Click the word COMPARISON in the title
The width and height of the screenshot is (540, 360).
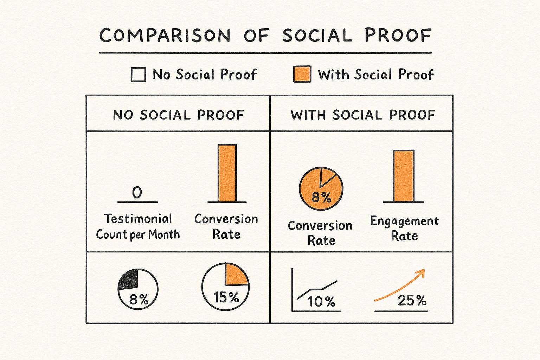tap(165, 36)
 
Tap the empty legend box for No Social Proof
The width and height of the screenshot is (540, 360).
tap(138, 75)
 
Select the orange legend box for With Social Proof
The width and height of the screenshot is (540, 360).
tap(302, 74)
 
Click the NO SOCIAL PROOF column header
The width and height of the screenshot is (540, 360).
tap(178, 115)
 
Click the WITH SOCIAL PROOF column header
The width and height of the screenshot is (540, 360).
tap(363, 115)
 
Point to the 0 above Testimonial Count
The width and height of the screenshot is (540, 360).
tap(137, 192)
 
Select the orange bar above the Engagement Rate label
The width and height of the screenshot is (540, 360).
tap(403, 176)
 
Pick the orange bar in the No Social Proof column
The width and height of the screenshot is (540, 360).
tap(227, 173)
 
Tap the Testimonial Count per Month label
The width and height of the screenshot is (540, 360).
tap(138, 226)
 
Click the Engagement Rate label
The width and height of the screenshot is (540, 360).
tap(404, 228)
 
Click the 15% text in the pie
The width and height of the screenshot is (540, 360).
tap(226, 297)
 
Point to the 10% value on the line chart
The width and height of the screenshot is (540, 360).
tap(321, 302)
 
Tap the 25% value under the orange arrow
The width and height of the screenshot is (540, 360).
tap(412, 300)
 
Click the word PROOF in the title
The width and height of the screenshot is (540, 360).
tap(398, 36)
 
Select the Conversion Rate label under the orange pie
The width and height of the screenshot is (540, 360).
tap(320, 233)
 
